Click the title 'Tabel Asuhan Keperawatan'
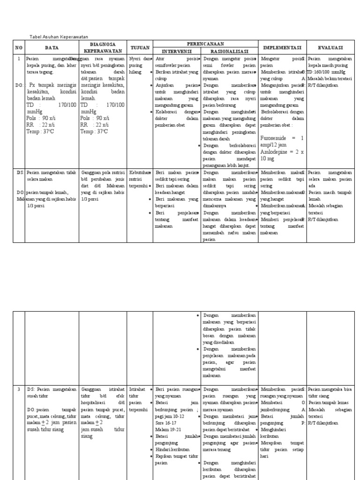click(x=59, y=37)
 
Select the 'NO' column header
click(x=19, y=47)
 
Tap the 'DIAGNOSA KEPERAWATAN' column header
click(x=102, y=47)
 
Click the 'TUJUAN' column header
click(x=140, y=47)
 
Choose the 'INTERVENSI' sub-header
click(x=177, y=51)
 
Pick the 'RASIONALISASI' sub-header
click(x=229, y=51)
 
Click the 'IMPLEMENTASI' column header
click(x=282, y=47)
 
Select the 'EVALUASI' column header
click(x=330, y=47)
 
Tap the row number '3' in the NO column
click(x=19, y=390)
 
